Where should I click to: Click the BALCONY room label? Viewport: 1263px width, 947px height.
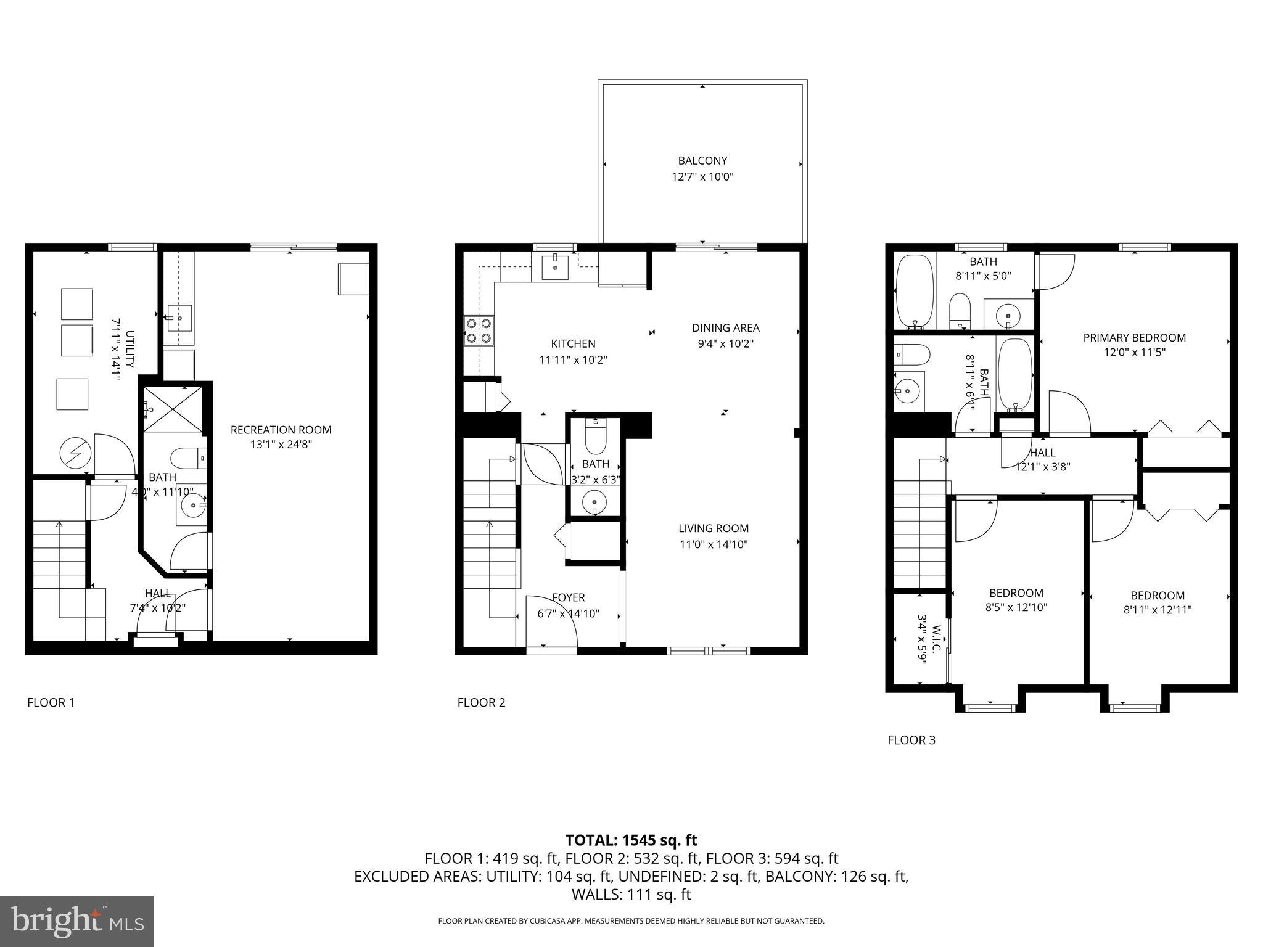(x=702, y=161)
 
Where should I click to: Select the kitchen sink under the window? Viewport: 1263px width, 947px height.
(x=555, y=267)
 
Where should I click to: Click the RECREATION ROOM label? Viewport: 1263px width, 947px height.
(x=281, y=430)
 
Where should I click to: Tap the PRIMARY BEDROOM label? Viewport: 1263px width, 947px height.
(x=1134, y=337)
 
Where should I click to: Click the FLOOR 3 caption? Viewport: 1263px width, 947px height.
(x=911, y=740)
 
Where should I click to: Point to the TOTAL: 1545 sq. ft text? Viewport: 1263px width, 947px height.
(x=631, y=840)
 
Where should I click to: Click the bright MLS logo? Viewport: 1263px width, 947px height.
(x=77, y=922)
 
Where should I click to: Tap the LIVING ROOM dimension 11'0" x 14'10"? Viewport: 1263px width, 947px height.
(x=713, y=544)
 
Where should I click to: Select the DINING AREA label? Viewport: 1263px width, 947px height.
(x=725, y=328)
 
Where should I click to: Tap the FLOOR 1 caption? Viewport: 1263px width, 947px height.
(x=51, y=702)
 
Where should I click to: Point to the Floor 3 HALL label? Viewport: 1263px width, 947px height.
(x=1042, y=453)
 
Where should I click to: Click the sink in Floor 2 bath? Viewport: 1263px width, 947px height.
(x=594, y=501)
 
